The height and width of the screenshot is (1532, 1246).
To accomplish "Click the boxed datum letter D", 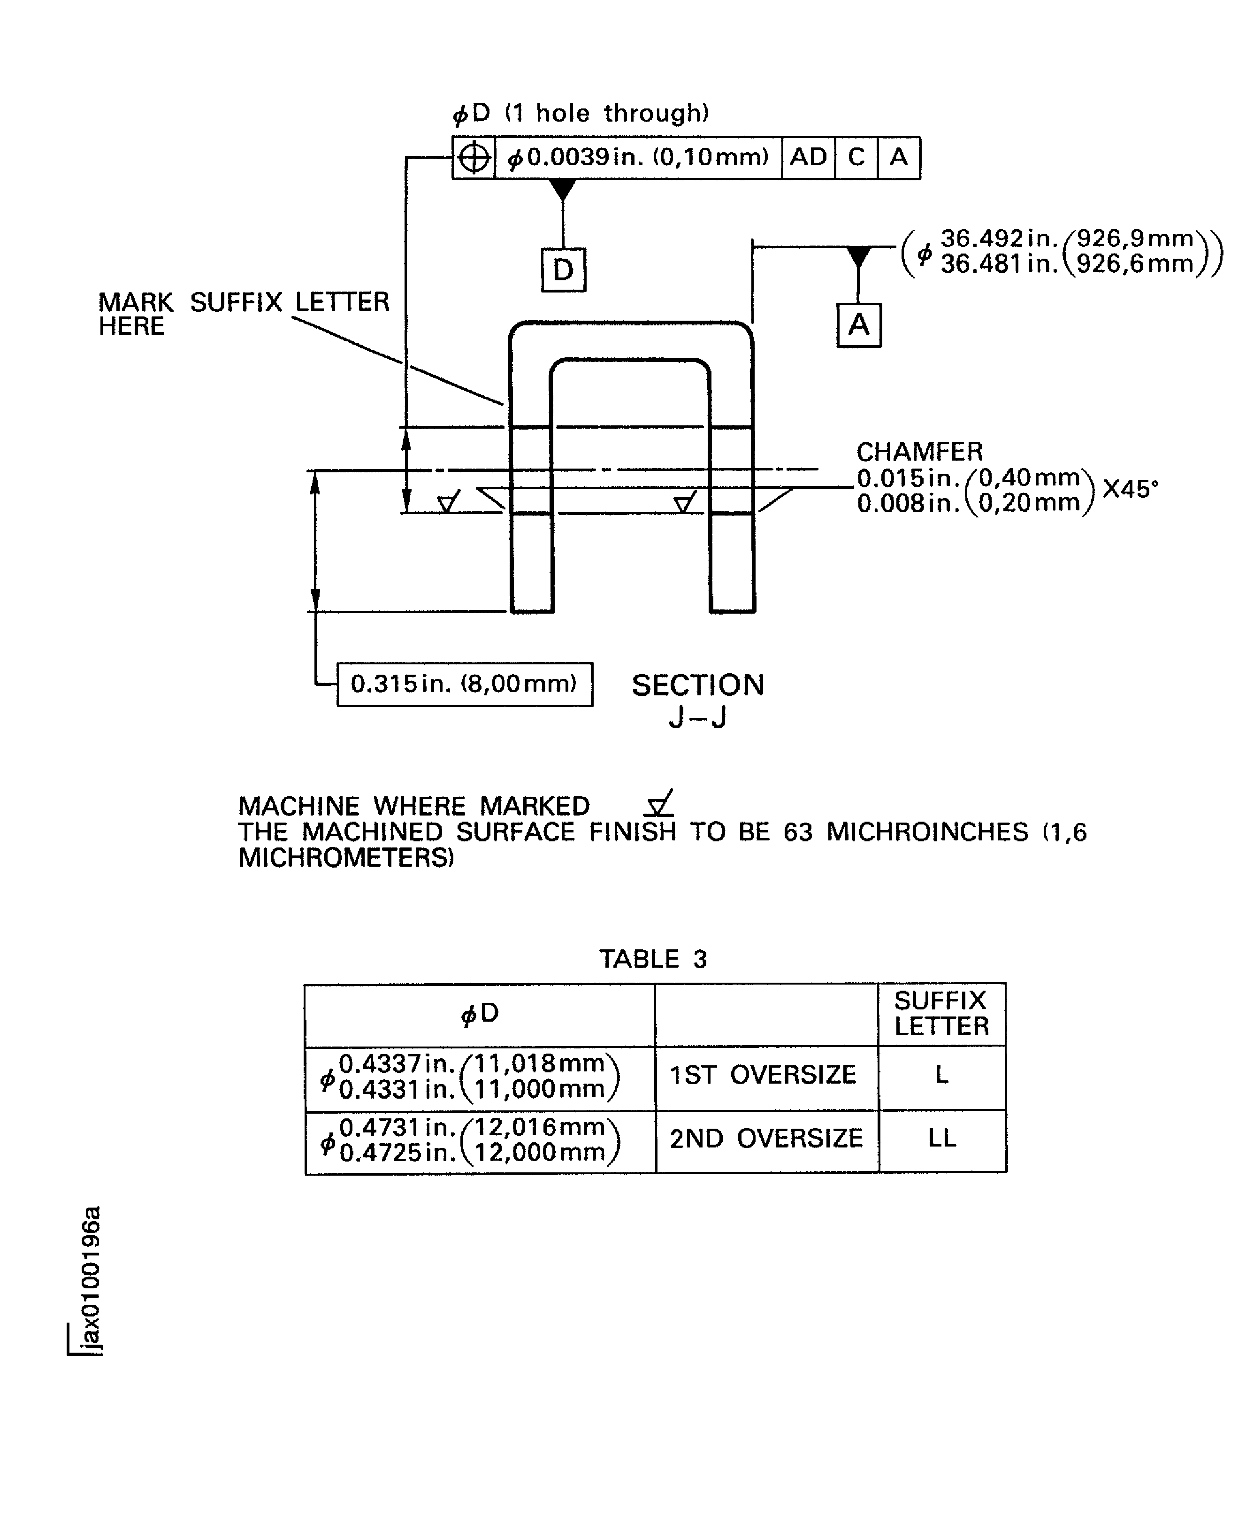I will coord(564,270).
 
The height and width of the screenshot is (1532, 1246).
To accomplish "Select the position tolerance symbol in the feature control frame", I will coord(474,157).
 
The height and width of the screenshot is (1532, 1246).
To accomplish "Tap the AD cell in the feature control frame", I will coord(808,157).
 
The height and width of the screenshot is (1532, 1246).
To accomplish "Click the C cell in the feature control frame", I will coord(856,157).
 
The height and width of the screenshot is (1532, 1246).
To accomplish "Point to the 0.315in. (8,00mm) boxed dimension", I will coord(465,684).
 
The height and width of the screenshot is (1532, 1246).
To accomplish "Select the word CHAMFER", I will coord(919,452).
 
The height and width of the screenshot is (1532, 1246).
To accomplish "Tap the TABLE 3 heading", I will coord(653,959).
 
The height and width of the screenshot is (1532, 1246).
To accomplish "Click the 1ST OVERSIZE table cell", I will coord(763,1075).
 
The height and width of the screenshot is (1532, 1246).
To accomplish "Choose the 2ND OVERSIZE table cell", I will coord(766,1138).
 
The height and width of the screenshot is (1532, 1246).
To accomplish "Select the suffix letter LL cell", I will coord(942,1138).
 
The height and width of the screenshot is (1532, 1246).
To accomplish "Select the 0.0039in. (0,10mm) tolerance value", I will coord(637,157).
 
